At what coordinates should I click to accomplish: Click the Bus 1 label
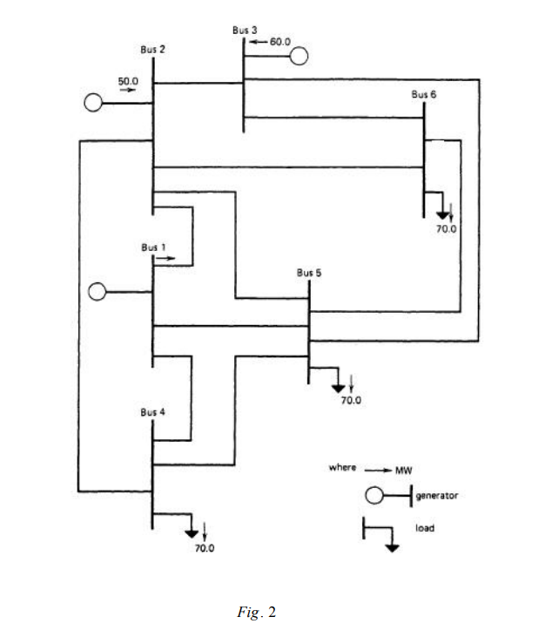[x=154, y=247]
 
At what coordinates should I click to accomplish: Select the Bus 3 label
[x=245, y=30]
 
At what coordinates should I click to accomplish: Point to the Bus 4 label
[x=152, y=411]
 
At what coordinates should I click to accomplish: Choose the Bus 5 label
[x=309, y=272]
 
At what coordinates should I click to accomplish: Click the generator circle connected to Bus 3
[x=299, y=57]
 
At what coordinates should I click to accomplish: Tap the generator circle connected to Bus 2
[x=92, y=103]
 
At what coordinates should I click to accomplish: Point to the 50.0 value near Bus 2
[x=129, y=80]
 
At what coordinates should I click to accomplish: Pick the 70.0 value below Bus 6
[x=446, y=229]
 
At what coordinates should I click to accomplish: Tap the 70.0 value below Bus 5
[x=350, y=401]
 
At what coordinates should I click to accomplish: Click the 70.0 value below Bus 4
[x=204, y=548]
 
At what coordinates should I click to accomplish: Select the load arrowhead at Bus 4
[x=192, y=532]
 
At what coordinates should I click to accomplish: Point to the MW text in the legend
[x=403, y=470]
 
